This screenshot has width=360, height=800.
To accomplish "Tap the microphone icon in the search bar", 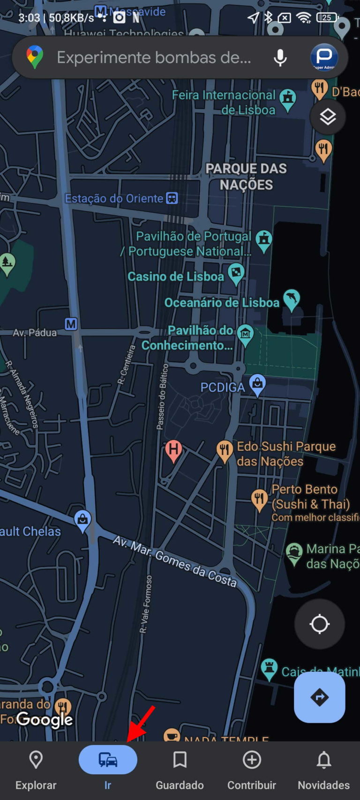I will coord(280,58).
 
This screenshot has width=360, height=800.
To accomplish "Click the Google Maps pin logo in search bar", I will coord(35,57).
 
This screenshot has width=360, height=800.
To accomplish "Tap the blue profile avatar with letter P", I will coord(324,57).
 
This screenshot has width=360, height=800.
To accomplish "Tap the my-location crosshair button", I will coord(320,624).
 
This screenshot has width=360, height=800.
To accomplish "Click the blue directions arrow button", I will coord(320,697).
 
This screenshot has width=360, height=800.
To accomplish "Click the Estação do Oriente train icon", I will coord(172,198).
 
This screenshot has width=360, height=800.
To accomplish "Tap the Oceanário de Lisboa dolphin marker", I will coord(292,299).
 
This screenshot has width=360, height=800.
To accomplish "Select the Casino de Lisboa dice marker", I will coord(236,273).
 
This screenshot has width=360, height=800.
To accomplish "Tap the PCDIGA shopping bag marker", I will coord(257,384).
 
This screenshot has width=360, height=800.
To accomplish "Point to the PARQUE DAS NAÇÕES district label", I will coord(246,177).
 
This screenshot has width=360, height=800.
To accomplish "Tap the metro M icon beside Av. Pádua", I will coord(71,324).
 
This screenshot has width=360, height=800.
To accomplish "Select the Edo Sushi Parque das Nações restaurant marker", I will coord(225,450).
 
